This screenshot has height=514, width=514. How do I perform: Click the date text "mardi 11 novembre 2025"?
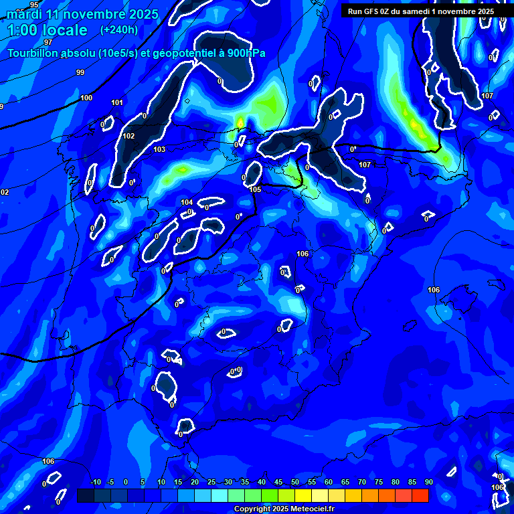(82, 14)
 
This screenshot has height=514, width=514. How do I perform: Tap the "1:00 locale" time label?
(48, 30)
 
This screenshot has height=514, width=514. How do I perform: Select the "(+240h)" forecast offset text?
(119, 30)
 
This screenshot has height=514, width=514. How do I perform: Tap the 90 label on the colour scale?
(428, 482)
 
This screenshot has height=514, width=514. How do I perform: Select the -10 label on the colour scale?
(95, 482)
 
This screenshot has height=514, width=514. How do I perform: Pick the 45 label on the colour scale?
(278, 482)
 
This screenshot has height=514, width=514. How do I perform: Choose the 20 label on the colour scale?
(194, 482)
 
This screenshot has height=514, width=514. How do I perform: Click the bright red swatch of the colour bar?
(420, 495)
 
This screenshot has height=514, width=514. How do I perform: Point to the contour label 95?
(35, 5)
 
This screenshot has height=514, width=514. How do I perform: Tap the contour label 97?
(48, 42)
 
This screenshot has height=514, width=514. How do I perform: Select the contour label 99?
(80, 72)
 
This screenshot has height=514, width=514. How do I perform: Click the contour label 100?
(86, 98)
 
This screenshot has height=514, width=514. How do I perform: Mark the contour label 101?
(117, 102)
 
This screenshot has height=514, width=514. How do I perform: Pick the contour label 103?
(159, 149)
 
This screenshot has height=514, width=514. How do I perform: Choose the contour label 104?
(187, 202)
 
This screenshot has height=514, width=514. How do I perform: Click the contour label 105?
(255, 189)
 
